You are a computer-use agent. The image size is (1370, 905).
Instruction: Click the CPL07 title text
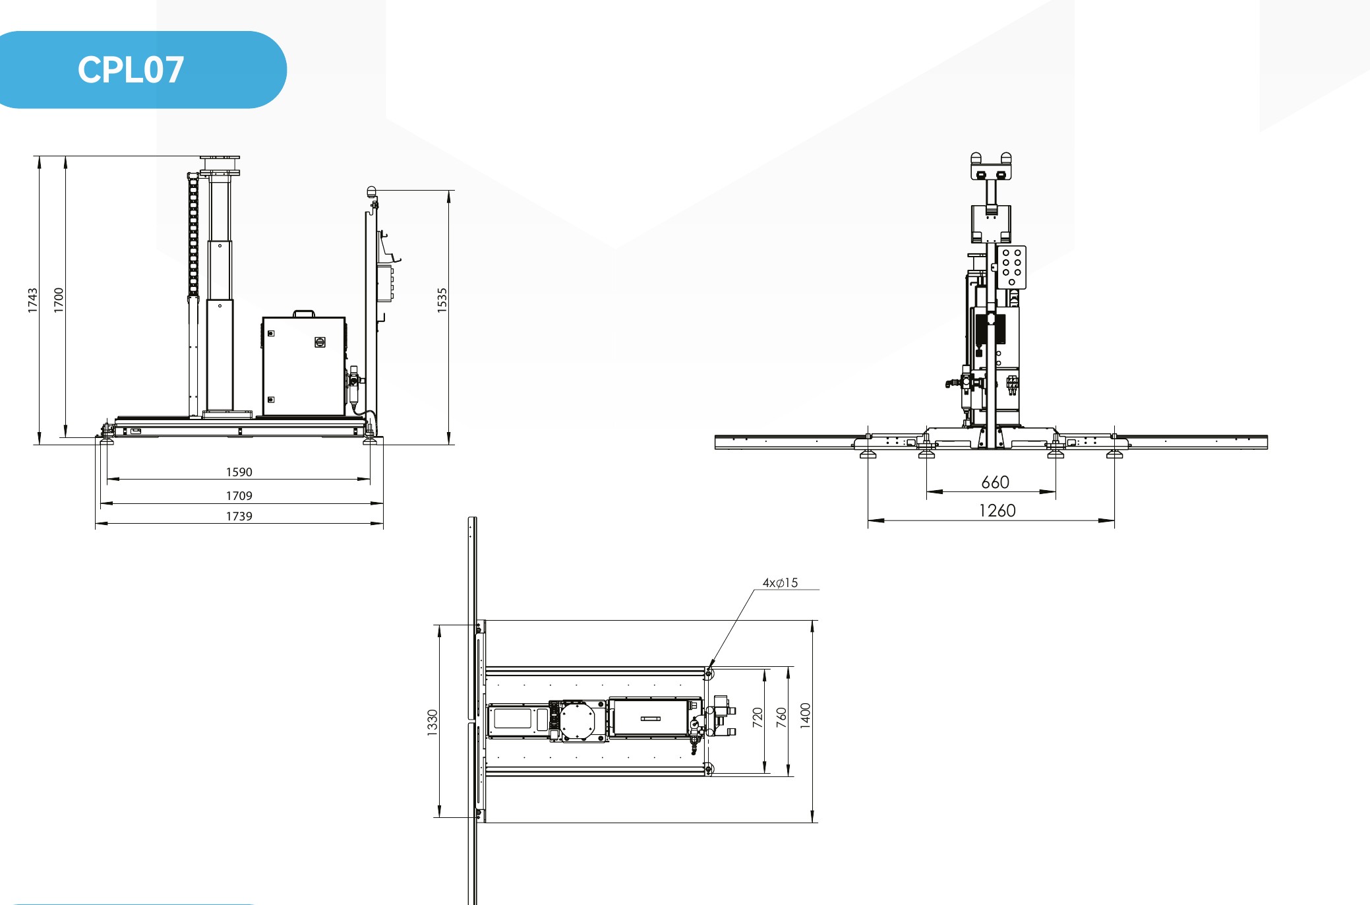(x=131, y=70)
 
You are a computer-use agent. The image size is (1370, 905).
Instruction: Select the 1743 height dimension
(x=33, y=300)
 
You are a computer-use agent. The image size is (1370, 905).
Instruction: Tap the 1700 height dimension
(x=59, y=300)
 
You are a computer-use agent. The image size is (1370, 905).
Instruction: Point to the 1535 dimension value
(x=442, y=300)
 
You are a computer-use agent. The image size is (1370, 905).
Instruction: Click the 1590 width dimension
(x=239, y=472)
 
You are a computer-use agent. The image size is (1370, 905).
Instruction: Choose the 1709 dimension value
(x=239, y=496)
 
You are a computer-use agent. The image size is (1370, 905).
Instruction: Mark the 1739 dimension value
(x=239, y=516)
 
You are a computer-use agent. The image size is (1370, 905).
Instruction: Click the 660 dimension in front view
(x=996, y=482)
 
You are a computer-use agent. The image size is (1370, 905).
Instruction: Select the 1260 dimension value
(x=998, y=511)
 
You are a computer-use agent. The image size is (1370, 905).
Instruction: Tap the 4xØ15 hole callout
(x=781, y=583)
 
